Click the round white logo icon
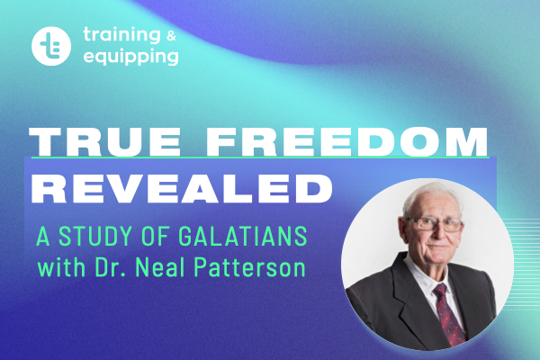51,46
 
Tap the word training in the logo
121,35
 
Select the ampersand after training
171,35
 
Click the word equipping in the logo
130,57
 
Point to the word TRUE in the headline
104,141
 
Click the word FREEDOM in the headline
346,141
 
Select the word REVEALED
182,189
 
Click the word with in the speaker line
61,267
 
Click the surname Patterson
250,267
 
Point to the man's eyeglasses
435,225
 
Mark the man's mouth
439,247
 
